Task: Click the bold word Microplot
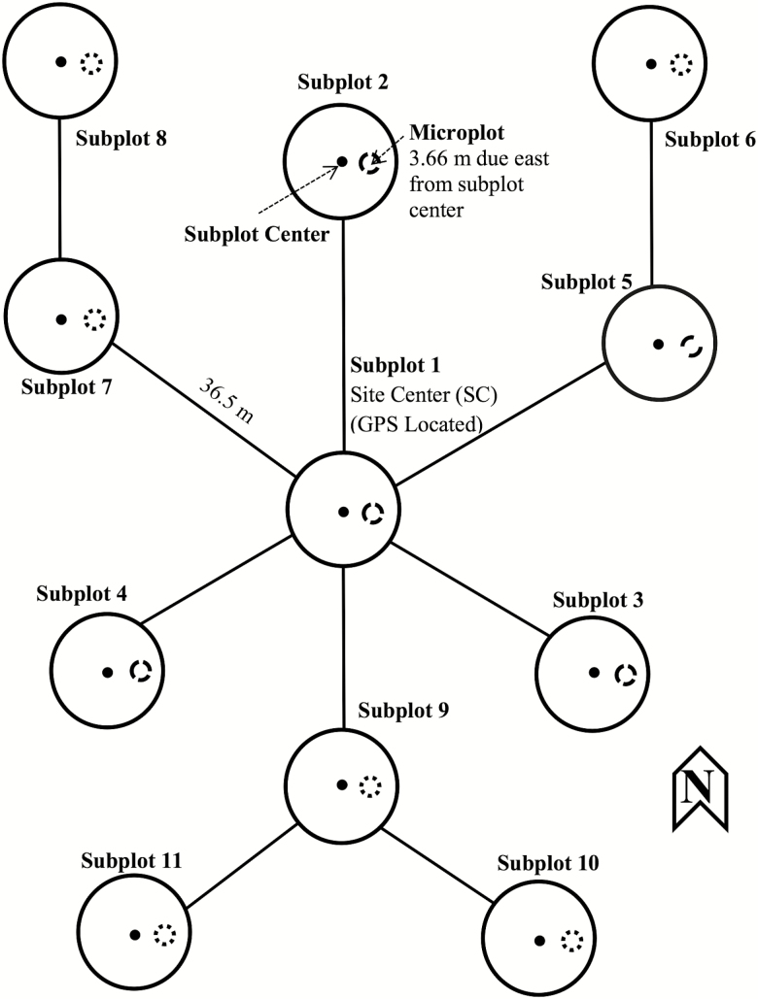pyautogui.click(x=454, y=132)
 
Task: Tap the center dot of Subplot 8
pyautogui.click(x=60, y=62)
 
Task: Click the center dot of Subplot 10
pyautogui.click(x=540, y=940)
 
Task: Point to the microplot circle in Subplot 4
pyautogui.click(x=141, y=671)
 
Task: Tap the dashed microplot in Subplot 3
pyautogui.click(x=624, y=673)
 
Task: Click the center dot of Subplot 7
pyautogui.click(x=61, y=318)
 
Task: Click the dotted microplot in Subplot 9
pyautogui.click(x=370, y=784)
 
